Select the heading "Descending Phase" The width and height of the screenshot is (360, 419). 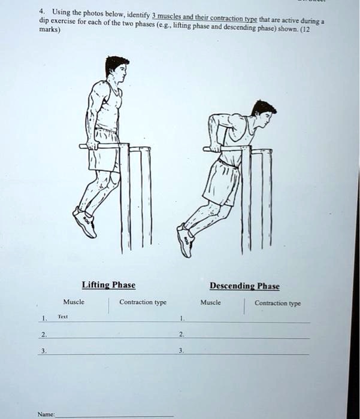[x=244, y=286]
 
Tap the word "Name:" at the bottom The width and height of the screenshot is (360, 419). [x=45, y=413]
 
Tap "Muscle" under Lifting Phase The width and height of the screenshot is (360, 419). [x=74, y=302]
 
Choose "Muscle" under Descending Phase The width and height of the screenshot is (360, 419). [x=211, y=302]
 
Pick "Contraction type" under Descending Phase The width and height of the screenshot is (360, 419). [x=277, y=303]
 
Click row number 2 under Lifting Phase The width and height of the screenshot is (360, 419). [x=43, y=335]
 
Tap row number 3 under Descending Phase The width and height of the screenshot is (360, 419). [x=181, y=351]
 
